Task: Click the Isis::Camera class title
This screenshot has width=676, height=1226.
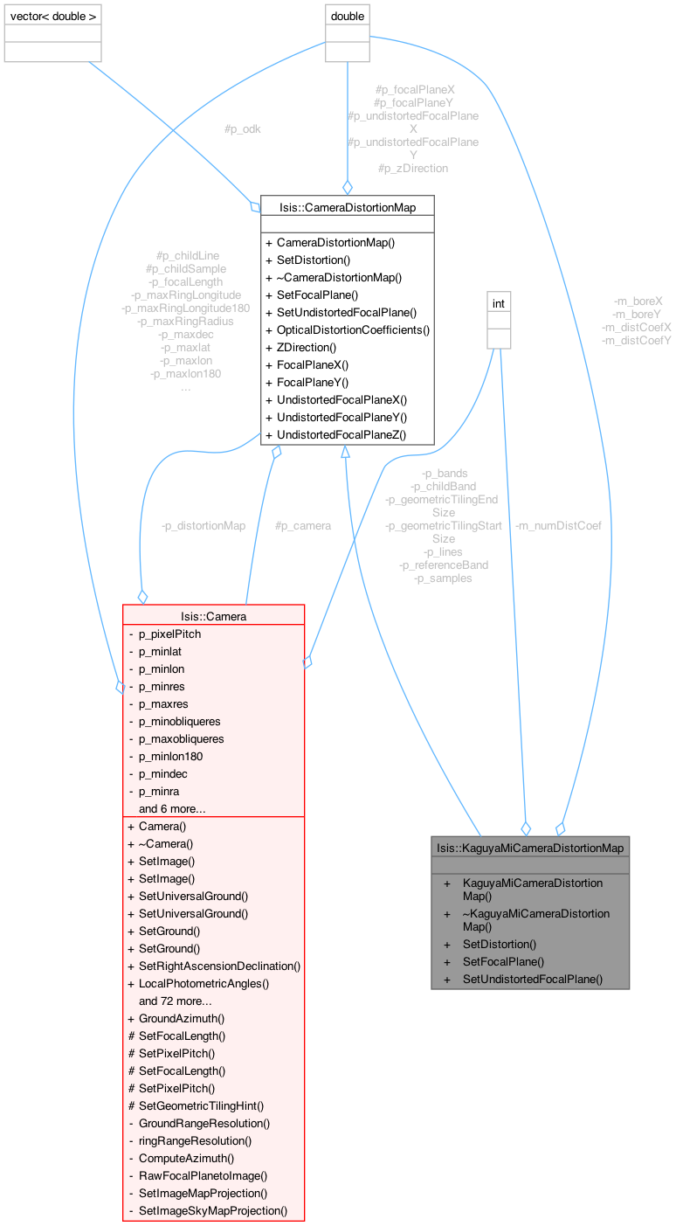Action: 214,616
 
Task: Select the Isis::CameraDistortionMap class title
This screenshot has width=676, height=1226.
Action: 348,207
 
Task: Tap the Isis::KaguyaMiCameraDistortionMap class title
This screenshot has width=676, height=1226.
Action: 530,847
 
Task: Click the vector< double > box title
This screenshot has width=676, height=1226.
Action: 53,15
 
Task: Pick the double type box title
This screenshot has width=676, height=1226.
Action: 347,15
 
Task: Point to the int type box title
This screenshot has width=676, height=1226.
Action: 499,303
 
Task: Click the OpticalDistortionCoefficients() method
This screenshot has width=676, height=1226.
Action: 353,329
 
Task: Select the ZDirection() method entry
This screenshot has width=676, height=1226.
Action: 307,347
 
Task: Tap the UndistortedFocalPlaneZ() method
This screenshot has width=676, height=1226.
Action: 341,434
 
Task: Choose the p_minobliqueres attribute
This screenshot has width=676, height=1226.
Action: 180,721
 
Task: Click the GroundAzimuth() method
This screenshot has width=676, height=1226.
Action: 182,1018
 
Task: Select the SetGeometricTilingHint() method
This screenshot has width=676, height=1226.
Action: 201,1105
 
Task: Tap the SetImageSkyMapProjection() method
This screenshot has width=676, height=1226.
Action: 213,1210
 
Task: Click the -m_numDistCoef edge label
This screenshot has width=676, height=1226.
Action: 558,525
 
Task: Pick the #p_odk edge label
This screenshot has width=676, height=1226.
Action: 242,128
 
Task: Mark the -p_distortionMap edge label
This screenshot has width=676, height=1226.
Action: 203,525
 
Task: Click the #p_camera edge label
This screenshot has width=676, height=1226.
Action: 303,525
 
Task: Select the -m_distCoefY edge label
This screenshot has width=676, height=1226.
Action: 637,340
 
